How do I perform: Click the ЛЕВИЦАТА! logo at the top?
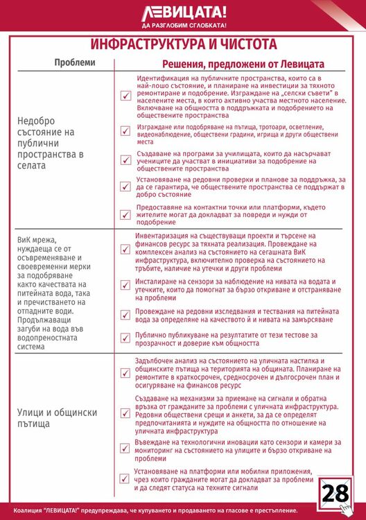coord(184,12)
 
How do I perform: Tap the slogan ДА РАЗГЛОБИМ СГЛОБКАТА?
coord(184,26)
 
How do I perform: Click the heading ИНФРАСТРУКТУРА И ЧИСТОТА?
coord(184,44)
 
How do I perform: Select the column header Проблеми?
coord(75,62)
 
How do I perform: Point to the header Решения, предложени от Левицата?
coord(243,63)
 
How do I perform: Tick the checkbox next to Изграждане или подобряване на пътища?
coord(125,131)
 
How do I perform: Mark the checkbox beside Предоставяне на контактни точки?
coord(125,214)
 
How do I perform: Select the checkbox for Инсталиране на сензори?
coord(125,286)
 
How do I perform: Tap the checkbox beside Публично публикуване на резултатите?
coord(125,338)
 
